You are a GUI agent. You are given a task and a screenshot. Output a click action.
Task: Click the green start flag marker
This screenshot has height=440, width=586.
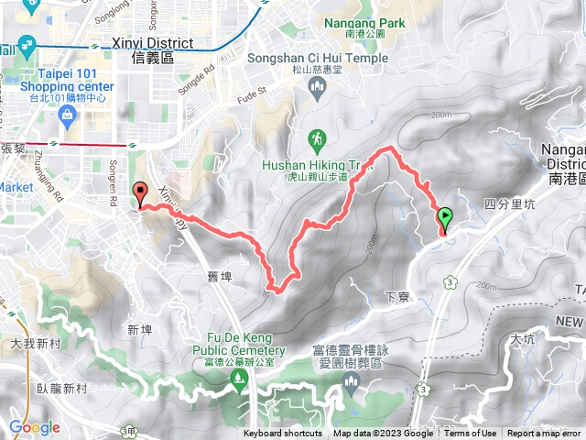445,218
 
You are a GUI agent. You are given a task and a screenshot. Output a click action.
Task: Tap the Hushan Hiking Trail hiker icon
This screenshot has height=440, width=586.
317,140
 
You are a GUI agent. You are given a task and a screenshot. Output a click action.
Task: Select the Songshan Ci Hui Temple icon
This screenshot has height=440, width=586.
318,89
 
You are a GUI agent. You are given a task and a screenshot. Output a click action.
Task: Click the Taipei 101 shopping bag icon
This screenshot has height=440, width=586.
66,115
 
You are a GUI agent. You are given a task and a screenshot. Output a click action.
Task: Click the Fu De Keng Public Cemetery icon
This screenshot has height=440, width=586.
240,377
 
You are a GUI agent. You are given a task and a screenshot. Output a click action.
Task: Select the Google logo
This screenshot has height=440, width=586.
34,427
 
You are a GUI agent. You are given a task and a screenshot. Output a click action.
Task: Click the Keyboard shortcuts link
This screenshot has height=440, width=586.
283,434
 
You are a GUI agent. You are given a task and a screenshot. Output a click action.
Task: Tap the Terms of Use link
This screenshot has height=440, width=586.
471,434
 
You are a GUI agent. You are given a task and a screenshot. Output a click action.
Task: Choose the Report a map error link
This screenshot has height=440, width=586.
545,434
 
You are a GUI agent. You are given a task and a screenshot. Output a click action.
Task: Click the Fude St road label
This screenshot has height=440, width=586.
251,91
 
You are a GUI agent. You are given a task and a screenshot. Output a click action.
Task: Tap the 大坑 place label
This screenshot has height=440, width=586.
523,338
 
